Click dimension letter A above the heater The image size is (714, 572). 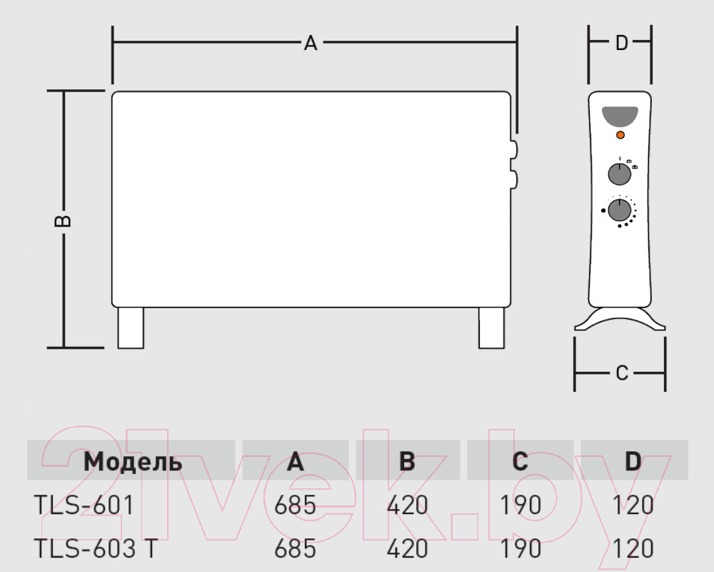point(311,44)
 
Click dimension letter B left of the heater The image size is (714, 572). point(63,221)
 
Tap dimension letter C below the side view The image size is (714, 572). point(622,373)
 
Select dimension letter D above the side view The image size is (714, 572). point(622,43)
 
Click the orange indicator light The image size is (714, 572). point(620,135)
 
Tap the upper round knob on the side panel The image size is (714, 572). point(620,174)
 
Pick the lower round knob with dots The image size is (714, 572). point(620,210)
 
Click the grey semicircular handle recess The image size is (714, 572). point(620,116)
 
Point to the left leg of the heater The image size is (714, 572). point(131,328)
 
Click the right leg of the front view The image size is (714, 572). point(491,328)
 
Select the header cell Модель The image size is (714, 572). point(133,462)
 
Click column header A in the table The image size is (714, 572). point(295,462)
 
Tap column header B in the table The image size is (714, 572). point(407,462)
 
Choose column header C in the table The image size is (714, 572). point(520,462)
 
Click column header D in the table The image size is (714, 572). point(633,462)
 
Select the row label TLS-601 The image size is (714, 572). point(84,506)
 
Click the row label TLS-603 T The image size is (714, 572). point(96,548)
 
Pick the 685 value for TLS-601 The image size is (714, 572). point(295,506)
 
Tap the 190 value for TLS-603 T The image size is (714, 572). point(521,548)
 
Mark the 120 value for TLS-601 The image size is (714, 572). point(633,506)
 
